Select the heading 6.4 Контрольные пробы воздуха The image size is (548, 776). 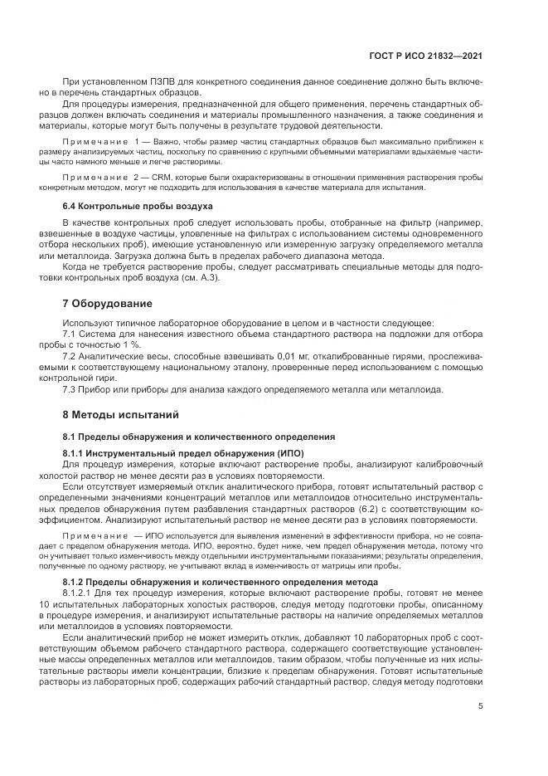127,205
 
